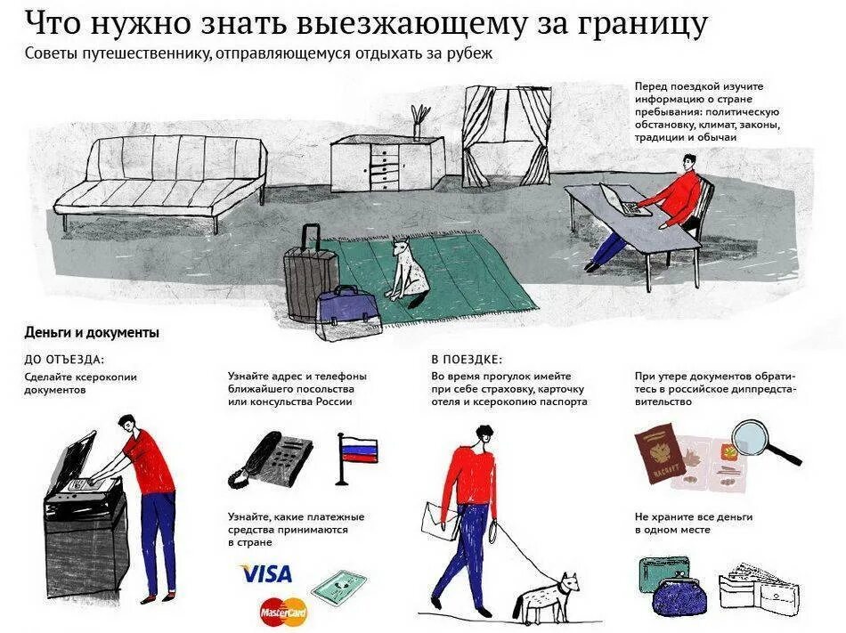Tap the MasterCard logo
tap(283, 612)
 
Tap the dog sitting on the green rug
tap(409, 271)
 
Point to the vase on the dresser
tap(419, 120)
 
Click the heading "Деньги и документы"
tap(92, 333)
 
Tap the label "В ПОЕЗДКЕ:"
tap(466, 360)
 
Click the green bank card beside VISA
tap(338, 588)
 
